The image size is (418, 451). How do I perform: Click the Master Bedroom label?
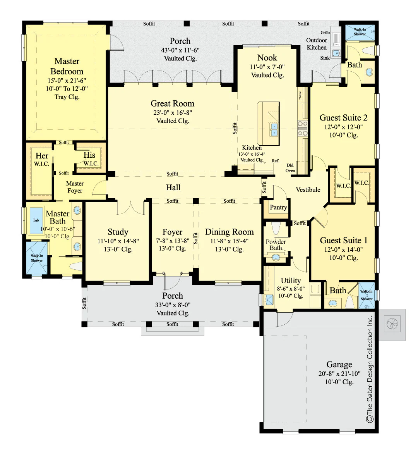(67, 66)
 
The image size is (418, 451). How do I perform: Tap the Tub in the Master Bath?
(36, 220)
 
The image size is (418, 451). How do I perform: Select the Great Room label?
(172, 103)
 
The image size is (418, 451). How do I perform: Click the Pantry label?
(278, 207)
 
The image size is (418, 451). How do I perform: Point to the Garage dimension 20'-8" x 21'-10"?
(339, 374)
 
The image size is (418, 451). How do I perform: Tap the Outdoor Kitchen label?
(317, 44)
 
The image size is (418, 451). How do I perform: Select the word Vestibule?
(308, 189)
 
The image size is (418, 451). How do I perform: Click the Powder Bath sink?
(276, 257)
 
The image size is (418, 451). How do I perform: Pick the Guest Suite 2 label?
(344, 118)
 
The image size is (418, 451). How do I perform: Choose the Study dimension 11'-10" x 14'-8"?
(118, 241)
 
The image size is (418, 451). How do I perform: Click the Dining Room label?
(230, 232)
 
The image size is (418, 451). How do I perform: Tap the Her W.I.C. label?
(42, 159)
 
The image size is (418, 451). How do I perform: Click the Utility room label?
(291, 281)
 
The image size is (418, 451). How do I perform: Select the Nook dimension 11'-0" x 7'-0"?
(267, 67)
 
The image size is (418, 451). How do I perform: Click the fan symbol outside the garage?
(392, 324)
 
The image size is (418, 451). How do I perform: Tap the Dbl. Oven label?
(290, 168)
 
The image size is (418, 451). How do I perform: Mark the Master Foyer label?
(75, 187)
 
